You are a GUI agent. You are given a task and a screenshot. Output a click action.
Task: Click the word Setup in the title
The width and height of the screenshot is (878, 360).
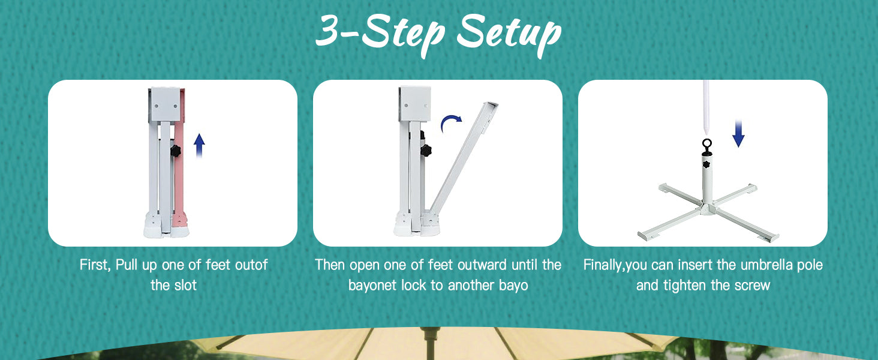509,34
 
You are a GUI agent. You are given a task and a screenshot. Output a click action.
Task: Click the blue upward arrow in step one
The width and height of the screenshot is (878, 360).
199,145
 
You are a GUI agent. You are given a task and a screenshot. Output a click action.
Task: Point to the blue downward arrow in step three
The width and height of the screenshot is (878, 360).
738,133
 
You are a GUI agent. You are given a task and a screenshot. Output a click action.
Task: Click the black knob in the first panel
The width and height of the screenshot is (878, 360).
175,151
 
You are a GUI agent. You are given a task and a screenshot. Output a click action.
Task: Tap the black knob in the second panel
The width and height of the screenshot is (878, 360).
426,150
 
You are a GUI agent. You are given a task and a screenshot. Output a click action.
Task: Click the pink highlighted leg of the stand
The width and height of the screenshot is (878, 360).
179,173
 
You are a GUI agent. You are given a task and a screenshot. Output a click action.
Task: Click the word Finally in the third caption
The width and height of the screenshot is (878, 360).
604,265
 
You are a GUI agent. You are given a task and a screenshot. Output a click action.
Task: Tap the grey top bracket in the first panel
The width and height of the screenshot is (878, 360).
166,104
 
